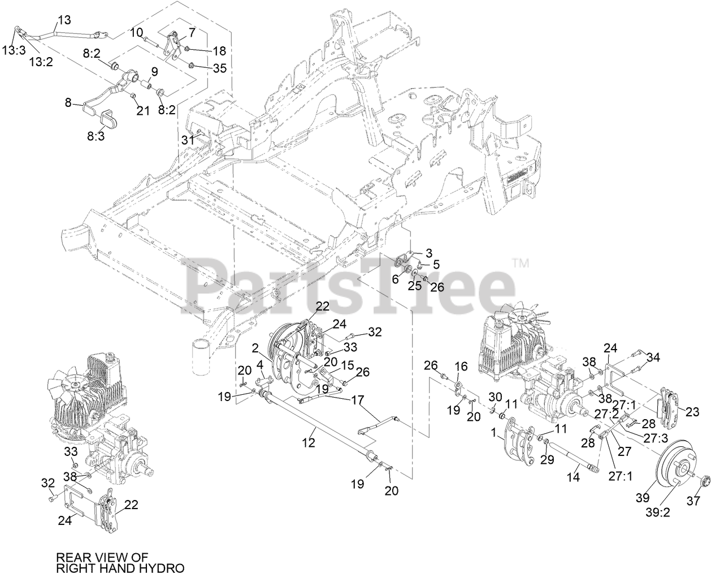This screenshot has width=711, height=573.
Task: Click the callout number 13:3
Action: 13,50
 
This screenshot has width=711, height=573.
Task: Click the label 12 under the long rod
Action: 309,443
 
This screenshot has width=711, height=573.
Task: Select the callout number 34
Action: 653,357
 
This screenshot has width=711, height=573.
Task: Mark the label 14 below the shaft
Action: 573,477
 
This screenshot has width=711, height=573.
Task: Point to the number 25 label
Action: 415,286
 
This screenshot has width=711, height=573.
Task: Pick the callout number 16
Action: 462,367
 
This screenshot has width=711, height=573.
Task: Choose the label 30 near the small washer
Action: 495,395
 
